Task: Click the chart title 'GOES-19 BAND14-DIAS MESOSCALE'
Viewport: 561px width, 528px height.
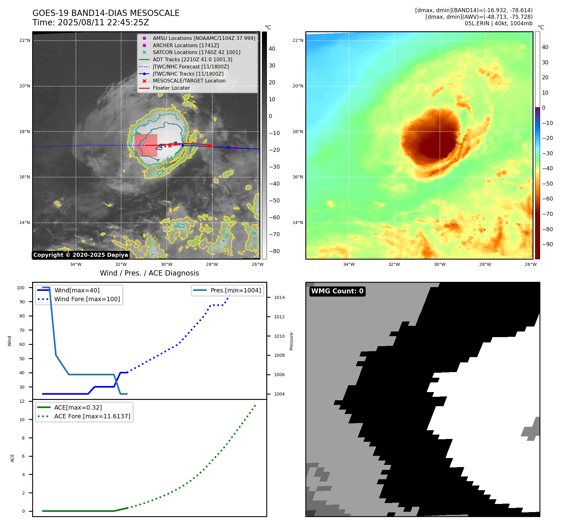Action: pos(106,13)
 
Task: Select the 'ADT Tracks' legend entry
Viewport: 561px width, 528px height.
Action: pos(192,59)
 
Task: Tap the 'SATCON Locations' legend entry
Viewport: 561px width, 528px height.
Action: pos(196,52)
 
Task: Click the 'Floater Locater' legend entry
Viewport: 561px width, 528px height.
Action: pos(171,88)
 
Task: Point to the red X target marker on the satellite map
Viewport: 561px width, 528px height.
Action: pos(170,146)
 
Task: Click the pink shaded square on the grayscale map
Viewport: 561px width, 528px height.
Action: pos(146,146)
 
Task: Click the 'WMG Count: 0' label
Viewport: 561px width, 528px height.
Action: pos(337,291)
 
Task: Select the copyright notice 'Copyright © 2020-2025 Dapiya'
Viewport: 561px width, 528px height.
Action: pos(81,255)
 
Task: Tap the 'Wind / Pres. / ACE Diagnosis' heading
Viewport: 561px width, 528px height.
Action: pos(149,273)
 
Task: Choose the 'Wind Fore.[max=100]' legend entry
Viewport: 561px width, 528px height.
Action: pos(87,299)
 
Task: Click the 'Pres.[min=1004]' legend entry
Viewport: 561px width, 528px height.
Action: pos(235,290)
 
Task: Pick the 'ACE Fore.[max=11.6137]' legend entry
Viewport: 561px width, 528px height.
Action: pos(92,416)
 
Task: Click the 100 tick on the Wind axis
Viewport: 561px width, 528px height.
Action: pos(21,288)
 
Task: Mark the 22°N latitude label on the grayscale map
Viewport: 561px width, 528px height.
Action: pos(25,40)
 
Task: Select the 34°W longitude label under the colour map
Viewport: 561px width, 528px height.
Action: pos(349,264)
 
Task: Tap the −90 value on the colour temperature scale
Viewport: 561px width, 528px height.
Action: pos(547,244)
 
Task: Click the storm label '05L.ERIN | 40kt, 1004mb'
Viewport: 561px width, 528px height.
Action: pos(499,23)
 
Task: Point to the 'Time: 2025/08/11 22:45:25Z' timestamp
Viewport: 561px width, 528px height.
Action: pos(91,22)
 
